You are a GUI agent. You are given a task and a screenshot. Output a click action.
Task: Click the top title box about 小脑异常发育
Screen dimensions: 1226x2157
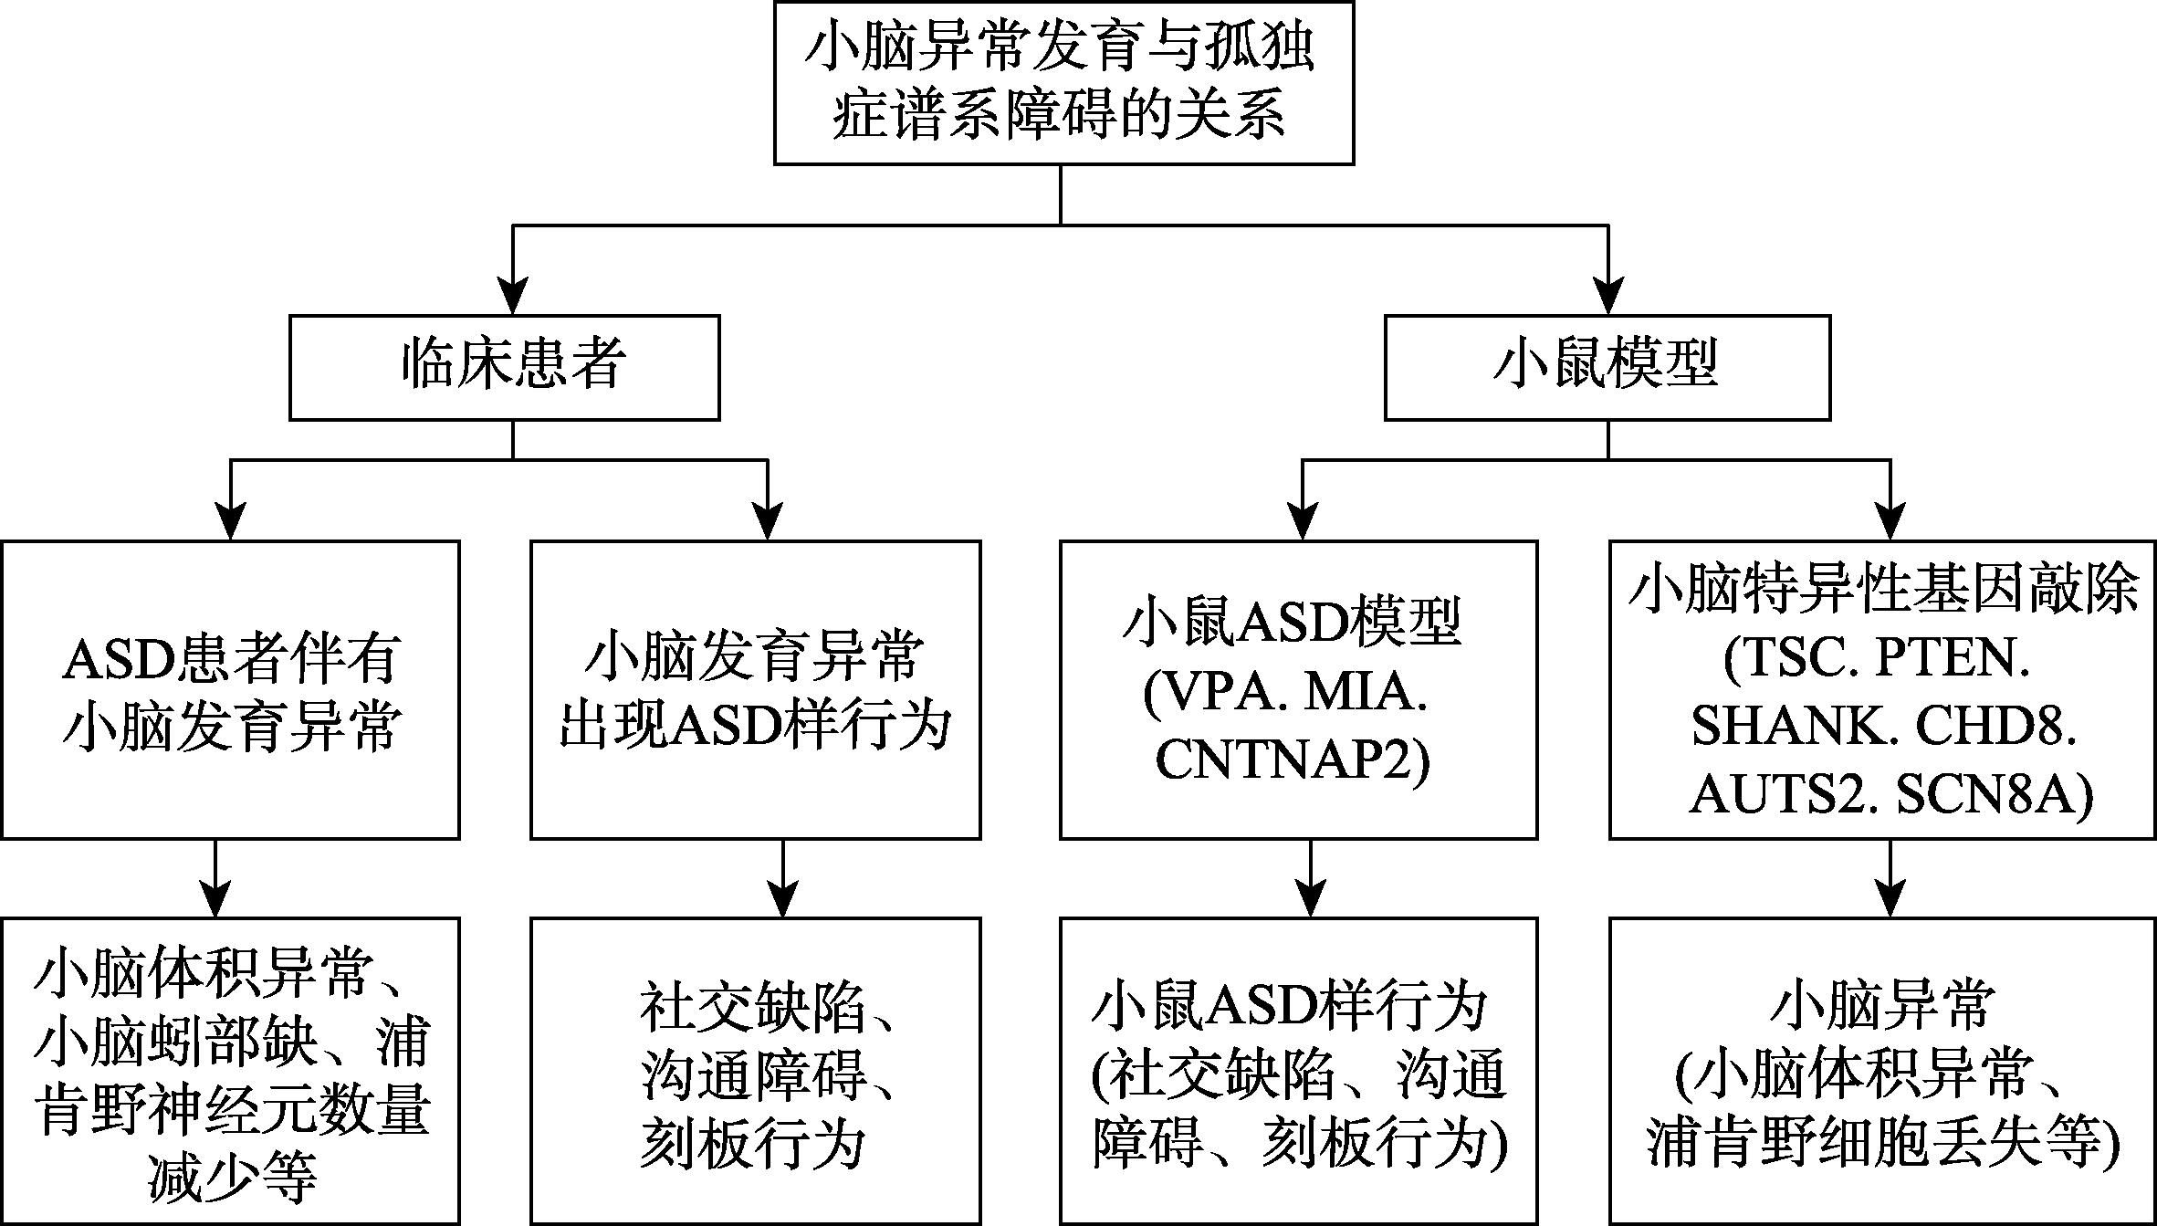pyautogui.click(x=1063, y=82)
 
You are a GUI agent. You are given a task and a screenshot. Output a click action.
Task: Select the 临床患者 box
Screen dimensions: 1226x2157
pyautogui.click(x=505, y=367)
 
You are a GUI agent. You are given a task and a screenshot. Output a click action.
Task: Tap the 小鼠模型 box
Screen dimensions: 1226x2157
pyautogui.click(x=1607, y=367)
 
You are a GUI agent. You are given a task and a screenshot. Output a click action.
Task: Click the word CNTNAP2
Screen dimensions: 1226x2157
pyautogui.click(x=1293, y=762)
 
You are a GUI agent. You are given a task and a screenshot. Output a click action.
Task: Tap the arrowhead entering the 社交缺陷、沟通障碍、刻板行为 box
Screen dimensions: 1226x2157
pyautogui.click(x=783, y=899)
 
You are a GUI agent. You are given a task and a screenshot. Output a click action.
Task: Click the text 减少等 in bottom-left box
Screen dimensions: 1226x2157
pyautogui.click(x=232, y=1179)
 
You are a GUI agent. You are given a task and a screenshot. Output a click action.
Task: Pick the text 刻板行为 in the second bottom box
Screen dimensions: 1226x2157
pyautogui.click(x=751, y=1145)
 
